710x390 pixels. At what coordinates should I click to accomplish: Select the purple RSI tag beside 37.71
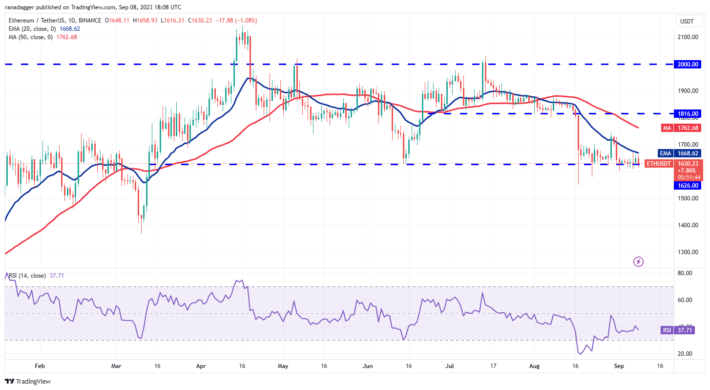click(667, 330)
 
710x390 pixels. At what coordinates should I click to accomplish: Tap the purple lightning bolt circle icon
click(638, 261)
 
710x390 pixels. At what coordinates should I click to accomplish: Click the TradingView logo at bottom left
click(28, 381)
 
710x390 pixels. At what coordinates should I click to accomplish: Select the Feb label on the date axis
click(40, 366)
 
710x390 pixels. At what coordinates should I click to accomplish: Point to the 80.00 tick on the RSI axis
click(685, 273)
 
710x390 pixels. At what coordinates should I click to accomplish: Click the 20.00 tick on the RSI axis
click(685, 354)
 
